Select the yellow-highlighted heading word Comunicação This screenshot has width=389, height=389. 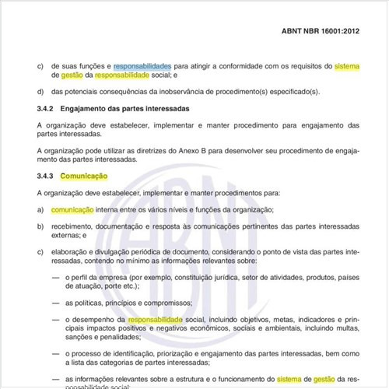tap(83, 177)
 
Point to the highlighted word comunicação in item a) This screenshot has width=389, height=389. tap(72, 209)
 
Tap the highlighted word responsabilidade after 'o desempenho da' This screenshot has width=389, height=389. tap(156, 320)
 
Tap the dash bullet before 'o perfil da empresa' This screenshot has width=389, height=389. tap(55, 279)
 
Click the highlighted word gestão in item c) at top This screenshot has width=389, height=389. tap(67, 75)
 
